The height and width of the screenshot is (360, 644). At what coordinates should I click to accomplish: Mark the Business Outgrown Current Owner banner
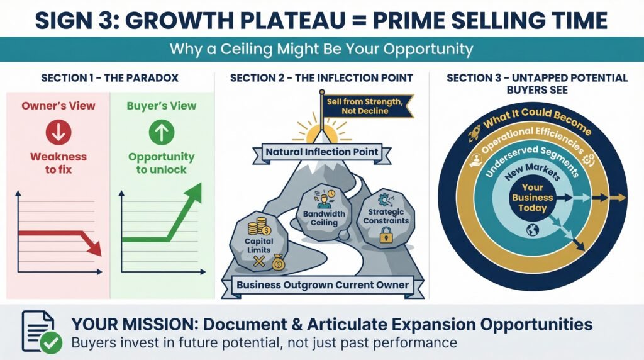[322, 285]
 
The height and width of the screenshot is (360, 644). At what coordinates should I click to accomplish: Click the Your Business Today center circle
[533, 198]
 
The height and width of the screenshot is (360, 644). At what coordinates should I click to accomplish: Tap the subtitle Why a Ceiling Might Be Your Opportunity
[321, 48]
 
